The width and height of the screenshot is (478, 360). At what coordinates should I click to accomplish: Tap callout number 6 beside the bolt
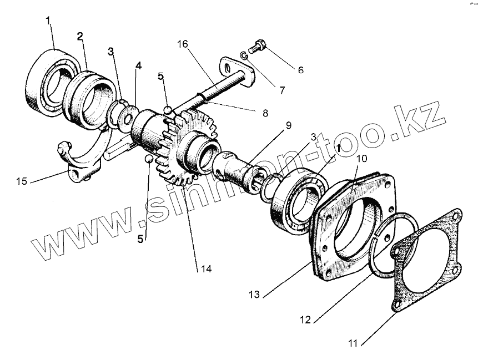pos(300,70)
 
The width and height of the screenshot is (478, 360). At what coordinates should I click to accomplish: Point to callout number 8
pos(264,113)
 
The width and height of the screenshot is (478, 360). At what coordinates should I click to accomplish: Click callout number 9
pos(288,125)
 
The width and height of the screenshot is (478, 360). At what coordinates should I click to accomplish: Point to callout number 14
pos(206,270)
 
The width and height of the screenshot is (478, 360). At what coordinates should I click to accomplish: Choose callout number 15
pos(22,181)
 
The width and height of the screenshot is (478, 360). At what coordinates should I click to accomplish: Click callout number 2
pos(80,37)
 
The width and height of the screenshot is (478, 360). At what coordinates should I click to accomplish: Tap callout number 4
pos(138,65)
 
